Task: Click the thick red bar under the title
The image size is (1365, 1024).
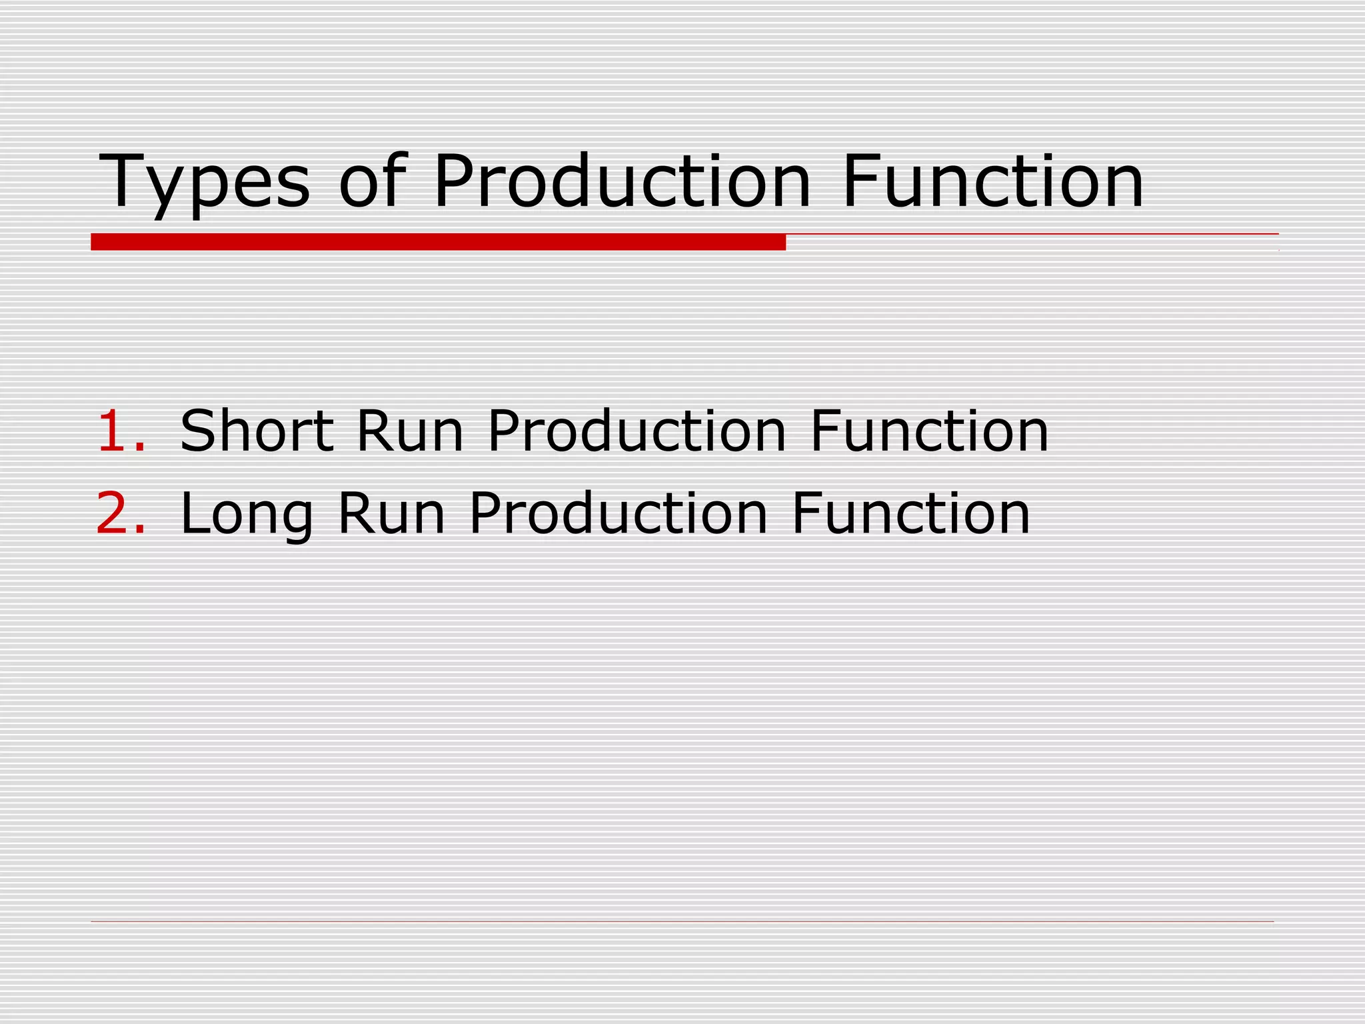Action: pos(438,242)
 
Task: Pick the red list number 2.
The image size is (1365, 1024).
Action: pos(119,513)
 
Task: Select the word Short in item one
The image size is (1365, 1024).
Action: pos(257,431)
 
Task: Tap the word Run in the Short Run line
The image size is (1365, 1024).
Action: pos(409,431)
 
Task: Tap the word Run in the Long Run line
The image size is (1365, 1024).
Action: pos(391,513)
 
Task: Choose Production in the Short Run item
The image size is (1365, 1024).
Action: pos(637,431)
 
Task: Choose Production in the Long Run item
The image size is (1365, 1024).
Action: pos(619,513)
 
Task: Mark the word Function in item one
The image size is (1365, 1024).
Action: pos(929,431)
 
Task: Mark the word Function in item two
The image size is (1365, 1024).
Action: pos(910,513)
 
